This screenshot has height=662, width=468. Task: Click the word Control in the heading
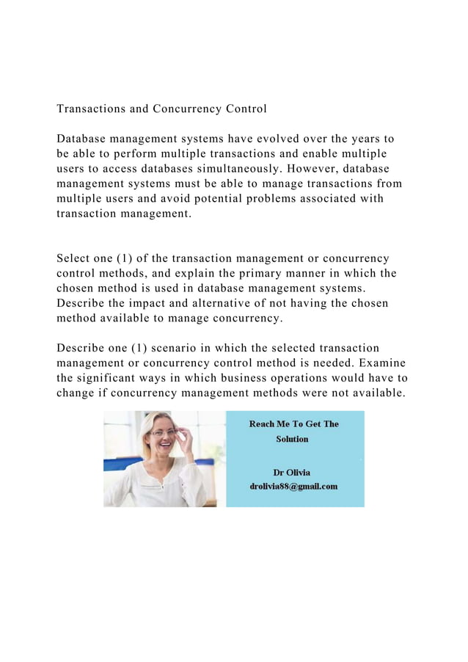pos(241,109)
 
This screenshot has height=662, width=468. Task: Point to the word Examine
pos(380,363)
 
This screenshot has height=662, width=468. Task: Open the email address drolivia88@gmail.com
pos(293,487)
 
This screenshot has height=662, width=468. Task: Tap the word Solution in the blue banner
pos(292,439)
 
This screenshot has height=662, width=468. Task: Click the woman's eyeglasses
pos(164,432)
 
